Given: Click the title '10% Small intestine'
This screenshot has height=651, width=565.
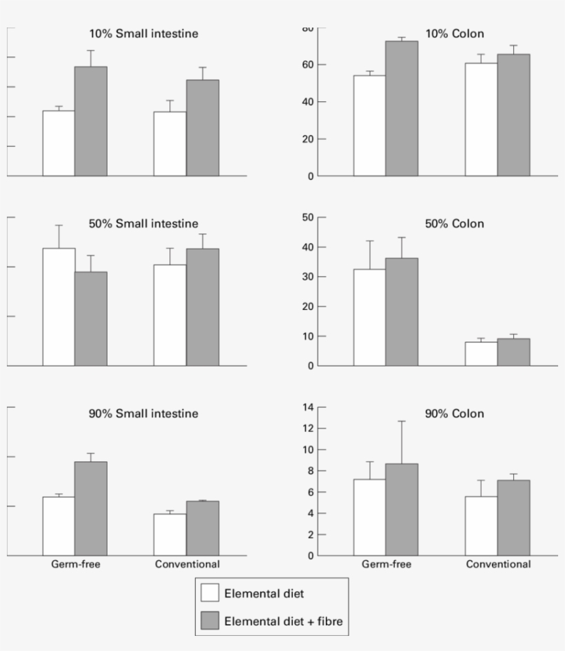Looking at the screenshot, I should [144, 34].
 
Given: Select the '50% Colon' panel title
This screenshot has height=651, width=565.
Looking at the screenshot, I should [454, 224].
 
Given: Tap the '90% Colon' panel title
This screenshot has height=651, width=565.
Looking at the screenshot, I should [454, 414].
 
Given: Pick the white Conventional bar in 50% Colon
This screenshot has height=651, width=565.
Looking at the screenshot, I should [481, 353].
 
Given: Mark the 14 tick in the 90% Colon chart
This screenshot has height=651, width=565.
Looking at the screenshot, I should [308, 407].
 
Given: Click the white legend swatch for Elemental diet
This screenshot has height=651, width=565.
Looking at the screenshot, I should [210, 593].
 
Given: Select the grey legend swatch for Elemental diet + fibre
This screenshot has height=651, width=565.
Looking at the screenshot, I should [210, 621].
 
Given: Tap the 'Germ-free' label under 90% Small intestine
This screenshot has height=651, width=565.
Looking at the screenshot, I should [74, 564].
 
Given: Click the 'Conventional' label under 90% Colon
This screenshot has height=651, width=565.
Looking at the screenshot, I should [498, 564].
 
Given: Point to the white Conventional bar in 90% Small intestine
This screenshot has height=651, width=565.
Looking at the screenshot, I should [169, 535].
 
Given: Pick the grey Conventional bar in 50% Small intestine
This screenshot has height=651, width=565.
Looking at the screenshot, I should [203, 307].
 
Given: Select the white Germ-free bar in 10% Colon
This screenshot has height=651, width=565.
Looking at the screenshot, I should [369, 125].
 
